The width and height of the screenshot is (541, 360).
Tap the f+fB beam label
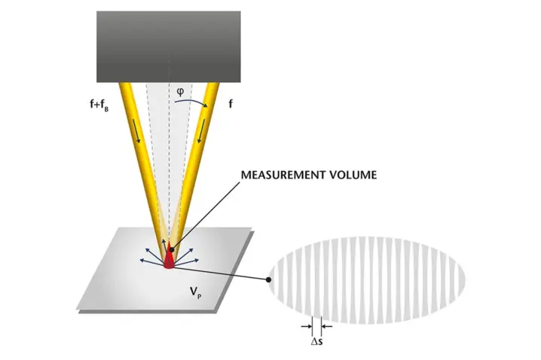pos(99,105)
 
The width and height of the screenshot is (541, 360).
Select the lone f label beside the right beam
pos(231,103)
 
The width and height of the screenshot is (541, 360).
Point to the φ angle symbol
pos(180,91)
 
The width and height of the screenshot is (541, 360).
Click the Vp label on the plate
pos(195,293)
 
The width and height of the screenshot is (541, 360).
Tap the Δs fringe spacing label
pos(316,342)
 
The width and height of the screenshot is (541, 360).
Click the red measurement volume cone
pos(169,256)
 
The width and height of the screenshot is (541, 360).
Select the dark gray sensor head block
pos(168,47)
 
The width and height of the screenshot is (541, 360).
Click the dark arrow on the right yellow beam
pos(201,131)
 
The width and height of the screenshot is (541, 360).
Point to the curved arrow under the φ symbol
pos(191,102)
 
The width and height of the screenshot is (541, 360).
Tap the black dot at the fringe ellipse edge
pos(268,280)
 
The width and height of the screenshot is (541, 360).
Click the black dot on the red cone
pos(172,249)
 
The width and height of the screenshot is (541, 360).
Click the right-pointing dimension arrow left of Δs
pos(306,326)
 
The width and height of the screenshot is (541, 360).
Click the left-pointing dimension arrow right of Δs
pos(327,326)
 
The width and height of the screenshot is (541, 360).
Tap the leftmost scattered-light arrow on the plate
pos(151,262)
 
